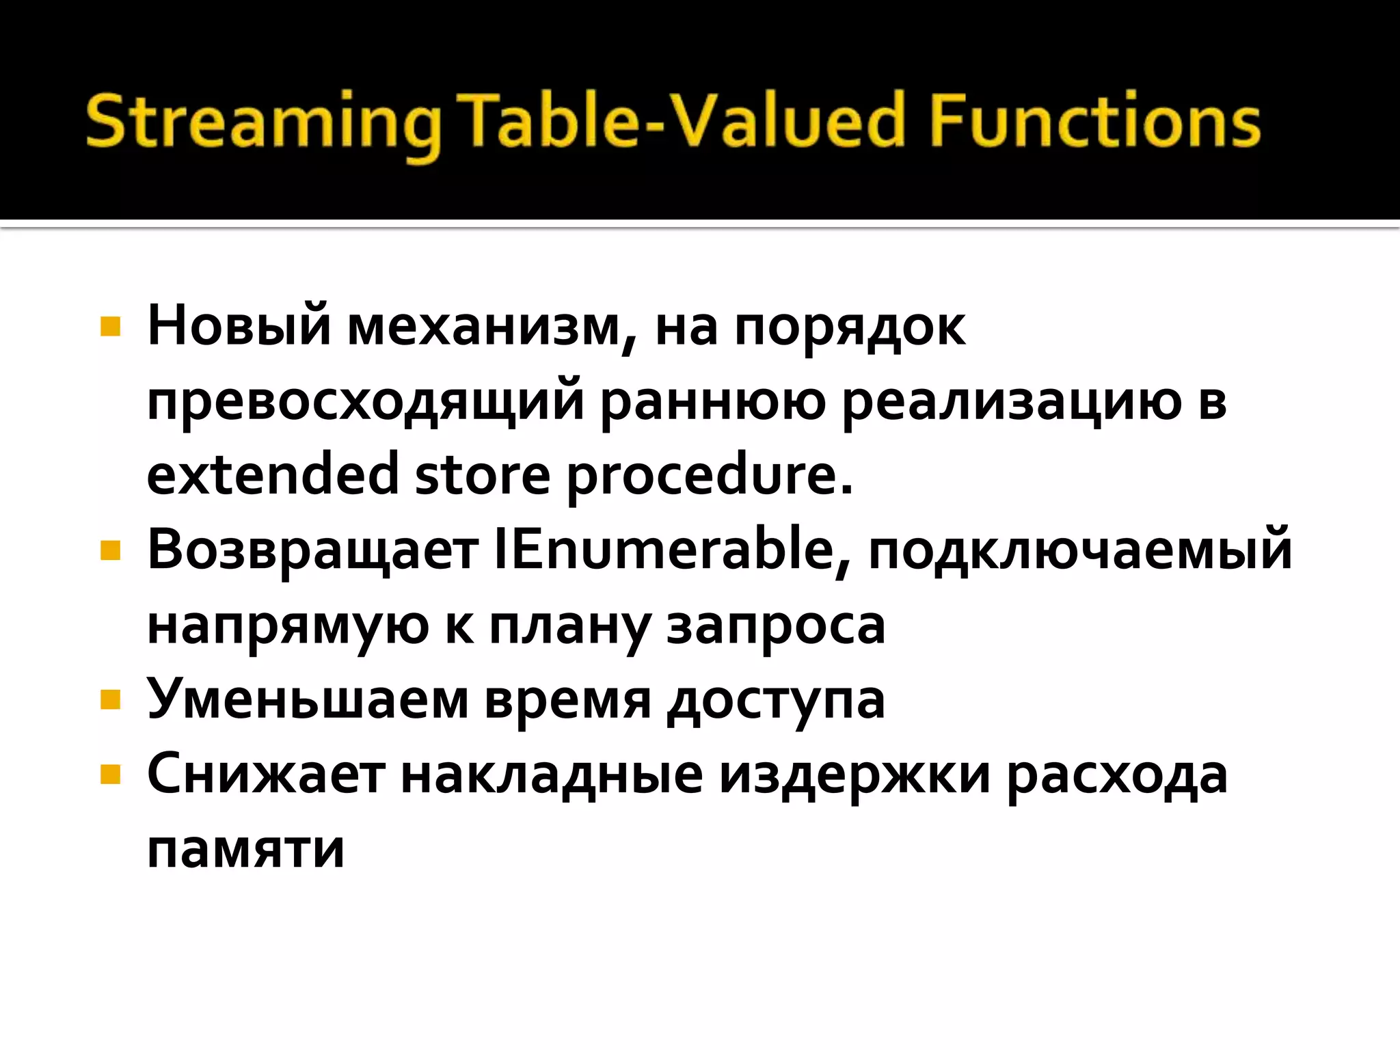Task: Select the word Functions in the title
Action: tap(1094, 122)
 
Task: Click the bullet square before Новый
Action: tap(110, 326)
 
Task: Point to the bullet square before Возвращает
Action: tap(110, 550)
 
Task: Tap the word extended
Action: tap(273, 474)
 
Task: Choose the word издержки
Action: tap(854, 777)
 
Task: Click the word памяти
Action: tap(245, 850)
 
